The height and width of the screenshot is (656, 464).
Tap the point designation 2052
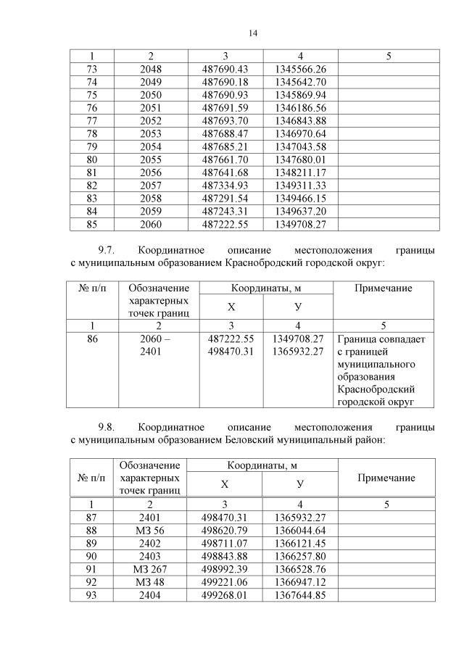click(x=151, y=120)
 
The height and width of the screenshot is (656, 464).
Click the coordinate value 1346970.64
click(x=300, y=133)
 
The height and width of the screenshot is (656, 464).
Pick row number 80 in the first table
click(x=91, y=159)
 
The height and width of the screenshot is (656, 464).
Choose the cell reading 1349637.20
click(x=300, y=211)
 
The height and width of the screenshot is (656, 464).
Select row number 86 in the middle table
click(x=91, y=339)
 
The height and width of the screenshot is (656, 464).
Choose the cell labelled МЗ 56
click(x=149, y=530)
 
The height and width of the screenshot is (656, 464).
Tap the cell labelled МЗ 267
click(x=149, y=569)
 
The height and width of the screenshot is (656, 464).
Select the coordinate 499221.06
click(x=225, y=582)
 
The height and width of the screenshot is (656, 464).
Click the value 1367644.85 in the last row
click(x=300, y=595)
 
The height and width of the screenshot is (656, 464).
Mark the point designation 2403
click(x=149, y=556)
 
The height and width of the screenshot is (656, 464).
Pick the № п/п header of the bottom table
click(x=91, y=478)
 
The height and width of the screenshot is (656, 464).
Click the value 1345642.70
click(x=300, y=82)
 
